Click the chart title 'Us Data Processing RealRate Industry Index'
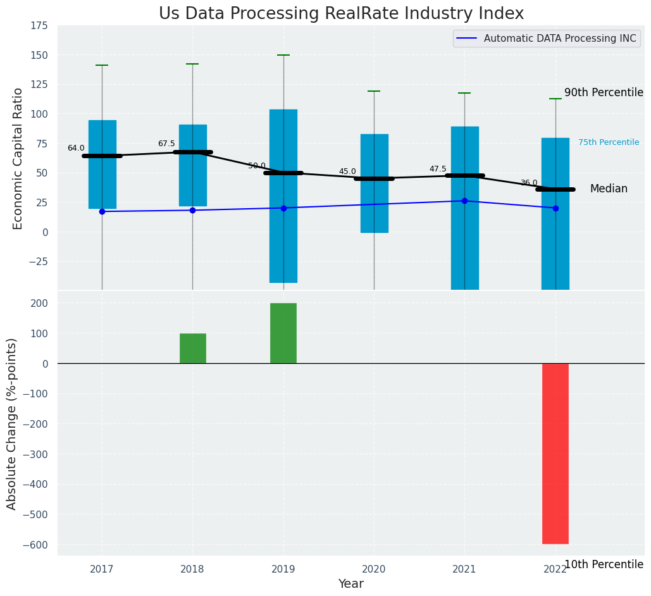(341, 13)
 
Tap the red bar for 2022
(555, 453)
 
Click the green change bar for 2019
(283, 333)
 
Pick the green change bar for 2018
(192, 348)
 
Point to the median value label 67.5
(166, 144)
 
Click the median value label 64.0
(76, 148)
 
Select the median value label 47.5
(438, 169)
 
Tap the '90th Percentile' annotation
(603, 92)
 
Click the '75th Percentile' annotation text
(608, 142)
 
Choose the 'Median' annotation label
(609, 189)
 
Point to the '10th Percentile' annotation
(603, 564)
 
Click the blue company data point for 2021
(464, 201)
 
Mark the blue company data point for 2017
(102, 211)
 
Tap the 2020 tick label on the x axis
(373, 569)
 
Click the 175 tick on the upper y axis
(39, 25)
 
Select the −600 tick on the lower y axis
(36, 545)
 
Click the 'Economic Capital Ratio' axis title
(18, 158)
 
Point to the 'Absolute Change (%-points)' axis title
(12, 423)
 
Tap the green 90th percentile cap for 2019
(283, 55)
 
